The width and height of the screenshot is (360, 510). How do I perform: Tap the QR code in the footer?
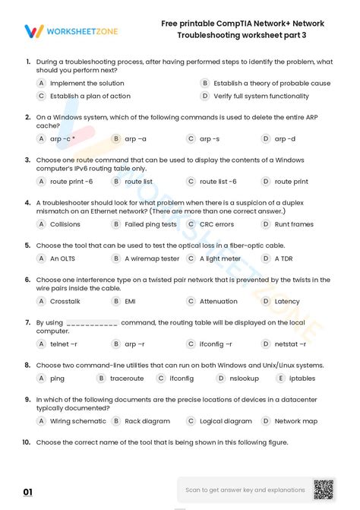(324, 489)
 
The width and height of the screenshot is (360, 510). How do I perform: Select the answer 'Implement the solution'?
(87, 84)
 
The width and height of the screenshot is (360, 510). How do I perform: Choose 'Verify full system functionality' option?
(261, 97)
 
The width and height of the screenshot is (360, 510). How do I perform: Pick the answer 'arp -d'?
(285, 139)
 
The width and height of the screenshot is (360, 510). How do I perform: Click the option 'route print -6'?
(71, 182)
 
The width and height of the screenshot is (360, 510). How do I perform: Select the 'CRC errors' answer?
(216, 225)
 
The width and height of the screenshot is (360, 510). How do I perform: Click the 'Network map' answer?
(295, 421)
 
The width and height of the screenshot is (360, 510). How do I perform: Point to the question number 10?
(26, 442)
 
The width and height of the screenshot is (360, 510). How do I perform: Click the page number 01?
(28, 493)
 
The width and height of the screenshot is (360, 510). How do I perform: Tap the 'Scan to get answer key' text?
(245, 490)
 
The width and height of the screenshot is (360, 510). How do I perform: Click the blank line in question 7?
(92, 323)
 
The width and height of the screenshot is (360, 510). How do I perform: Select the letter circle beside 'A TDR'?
(266, 258)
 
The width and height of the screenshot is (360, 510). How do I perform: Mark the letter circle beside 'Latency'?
(266, 302)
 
